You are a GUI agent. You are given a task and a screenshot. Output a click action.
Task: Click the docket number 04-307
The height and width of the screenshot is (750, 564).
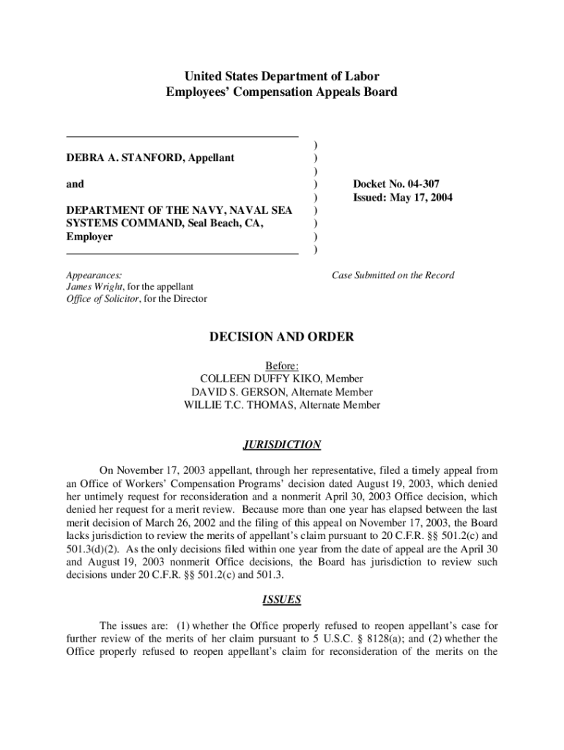[422, 184]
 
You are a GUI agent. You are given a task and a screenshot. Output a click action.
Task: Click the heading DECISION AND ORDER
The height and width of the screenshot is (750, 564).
[282, 337]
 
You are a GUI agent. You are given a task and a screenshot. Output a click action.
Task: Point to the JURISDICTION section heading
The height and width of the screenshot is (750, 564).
[281, 445]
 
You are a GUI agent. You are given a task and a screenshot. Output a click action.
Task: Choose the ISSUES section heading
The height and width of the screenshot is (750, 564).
[281, 600]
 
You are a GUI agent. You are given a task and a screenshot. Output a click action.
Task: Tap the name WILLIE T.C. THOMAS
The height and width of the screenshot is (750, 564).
[239, 405]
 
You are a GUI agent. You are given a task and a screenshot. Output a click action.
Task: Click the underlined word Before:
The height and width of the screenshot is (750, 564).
[282, 365]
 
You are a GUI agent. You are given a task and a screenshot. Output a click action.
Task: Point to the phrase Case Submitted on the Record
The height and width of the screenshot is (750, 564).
[393, 275]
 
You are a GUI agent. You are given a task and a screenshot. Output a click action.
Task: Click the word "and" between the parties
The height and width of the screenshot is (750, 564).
[75, 184]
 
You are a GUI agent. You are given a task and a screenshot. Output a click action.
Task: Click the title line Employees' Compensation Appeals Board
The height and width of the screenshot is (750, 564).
[282, 92]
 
